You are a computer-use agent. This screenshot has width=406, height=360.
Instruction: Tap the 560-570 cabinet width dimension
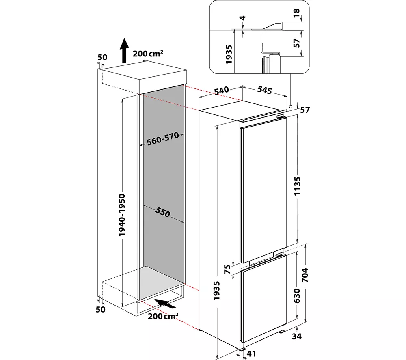click(163, 139)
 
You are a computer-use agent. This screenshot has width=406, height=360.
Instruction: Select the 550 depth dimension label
click(163, 212)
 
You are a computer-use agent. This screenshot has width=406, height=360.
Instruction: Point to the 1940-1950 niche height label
click(122, 215)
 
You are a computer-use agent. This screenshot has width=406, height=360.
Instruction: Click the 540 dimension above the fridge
click(222, 91)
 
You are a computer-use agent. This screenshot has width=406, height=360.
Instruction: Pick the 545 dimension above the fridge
click(264, 90)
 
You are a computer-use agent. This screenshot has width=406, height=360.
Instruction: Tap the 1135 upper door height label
click(297, 186)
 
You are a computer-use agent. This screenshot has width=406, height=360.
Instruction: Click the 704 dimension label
click(305, 275)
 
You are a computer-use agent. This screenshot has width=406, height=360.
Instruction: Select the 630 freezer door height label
click(297, 296)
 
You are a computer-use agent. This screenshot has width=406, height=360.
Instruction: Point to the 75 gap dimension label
click(227, 269)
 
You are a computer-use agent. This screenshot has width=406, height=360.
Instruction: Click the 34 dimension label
click(297, 336)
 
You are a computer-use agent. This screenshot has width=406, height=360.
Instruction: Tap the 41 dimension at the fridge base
click(251, 354)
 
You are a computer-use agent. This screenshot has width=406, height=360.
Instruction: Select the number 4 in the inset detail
click(243, 18)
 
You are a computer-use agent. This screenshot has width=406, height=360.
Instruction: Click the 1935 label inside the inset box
click(229, 55)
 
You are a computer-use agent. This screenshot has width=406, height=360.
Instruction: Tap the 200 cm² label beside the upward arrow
click(148, 54)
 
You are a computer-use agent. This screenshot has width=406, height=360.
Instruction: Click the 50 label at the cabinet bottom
click(100, 309)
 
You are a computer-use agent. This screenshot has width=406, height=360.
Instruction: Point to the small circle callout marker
click(291, 106)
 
